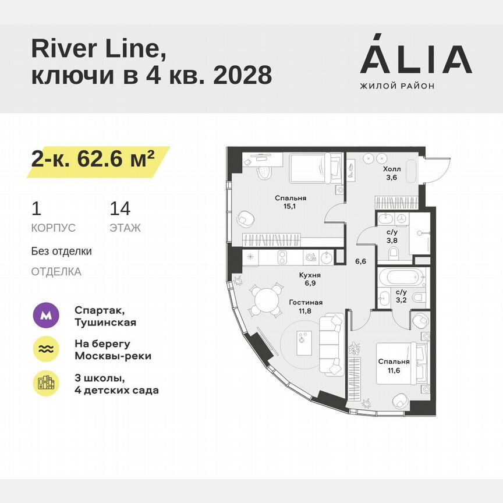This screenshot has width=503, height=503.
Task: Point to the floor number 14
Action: pos(120,208)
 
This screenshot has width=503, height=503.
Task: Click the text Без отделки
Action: pos(61,251)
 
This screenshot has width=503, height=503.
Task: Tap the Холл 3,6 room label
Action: pos(391,173)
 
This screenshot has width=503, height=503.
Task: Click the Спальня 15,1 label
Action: pos(291,202)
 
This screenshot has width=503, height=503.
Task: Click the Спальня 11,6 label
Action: pos(394,366)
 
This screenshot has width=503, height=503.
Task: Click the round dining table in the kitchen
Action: pos(265,299)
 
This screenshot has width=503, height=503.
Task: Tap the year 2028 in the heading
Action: pos(243,75)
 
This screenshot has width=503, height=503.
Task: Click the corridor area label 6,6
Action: pos(360,261)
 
